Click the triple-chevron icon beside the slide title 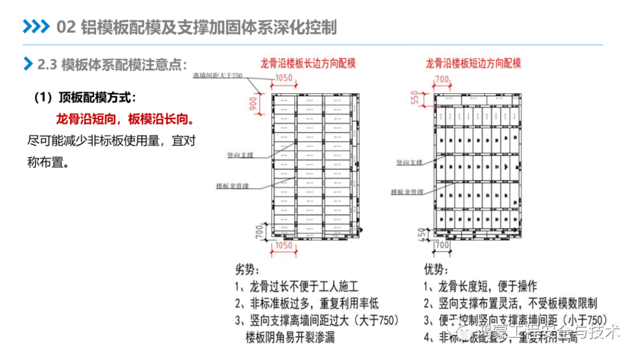[x=36, y=27]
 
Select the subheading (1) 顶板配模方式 [x=85, y=97]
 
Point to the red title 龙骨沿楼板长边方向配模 [x=308, y=63]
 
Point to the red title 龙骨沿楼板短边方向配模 [x=473, y=63]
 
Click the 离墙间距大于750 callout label [x=218, y=76]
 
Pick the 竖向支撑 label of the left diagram [x=240, y=154]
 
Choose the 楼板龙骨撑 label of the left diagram [x=232, y=186]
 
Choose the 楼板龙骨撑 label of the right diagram [x=407, y=192]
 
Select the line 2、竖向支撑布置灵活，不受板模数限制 [x=510, y=303]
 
